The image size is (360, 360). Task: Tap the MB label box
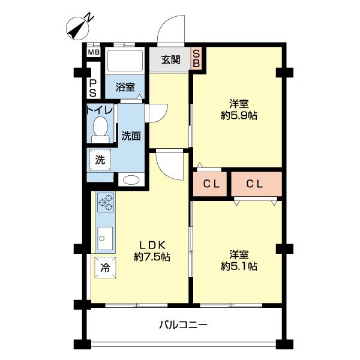click(x=94, y=52)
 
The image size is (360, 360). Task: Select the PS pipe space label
click(x=93, y=89)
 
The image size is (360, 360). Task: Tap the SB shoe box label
click(x=196, y=59)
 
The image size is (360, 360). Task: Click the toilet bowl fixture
click(x=100, y=128)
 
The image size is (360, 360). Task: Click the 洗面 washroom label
click(x=131, y=136)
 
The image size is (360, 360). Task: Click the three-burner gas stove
click(x=106, y=203)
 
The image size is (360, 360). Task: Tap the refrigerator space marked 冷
click(x=105, y=267)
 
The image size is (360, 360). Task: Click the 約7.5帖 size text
click(x=151, y=257)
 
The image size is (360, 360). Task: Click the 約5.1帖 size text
click(x=239, y=265)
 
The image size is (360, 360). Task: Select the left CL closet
click(x=211, y=185)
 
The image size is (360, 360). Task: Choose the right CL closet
click(x=256, y=185)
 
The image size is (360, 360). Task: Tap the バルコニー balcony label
click(x=183, y=326)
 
